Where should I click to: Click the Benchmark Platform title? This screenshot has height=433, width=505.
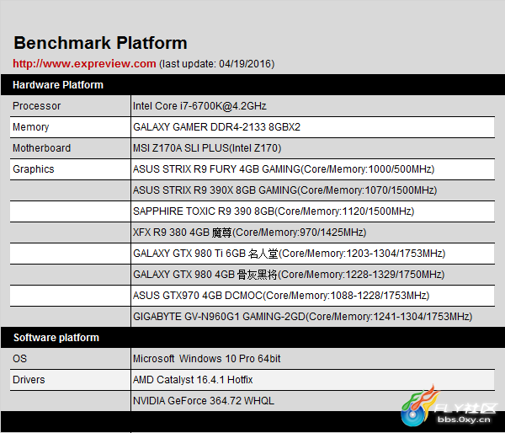tap(100, 43)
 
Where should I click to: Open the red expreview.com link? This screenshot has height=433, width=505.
tap(84, 63)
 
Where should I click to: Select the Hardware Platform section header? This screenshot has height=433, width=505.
tap(58, 85)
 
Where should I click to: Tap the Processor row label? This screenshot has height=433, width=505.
tap(36, 106)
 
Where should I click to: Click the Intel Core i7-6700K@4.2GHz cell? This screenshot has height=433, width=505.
tap(199, 106)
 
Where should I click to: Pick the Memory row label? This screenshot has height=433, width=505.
tap(30, 127)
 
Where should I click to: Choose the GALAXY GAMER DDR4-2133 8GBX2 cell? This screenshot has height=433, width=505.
tap(216, 127)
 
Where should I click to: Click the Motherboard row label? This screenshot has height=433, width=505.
tap(41, 148)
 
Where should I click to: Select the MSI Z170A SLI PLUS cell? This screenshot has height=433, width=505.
tap(207, 148)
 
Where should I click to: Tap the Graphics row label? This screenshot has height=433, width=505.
tap(33, 169)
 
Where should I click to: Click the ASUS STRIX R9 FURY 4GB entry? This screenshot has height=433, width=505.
tap(284, 169)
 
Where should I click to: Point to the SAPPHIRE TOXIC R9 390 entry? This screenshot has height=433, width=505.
tap(274, 211)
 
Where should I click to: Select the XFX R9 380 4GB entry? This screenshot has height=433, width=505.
tap(250, 233)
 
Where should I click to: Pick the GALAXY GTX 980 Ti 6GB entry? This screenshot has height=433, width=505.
tap(290, 254)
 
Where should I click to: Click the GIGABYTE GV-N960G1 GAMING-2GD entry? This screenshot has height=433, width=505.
tap(303, 317)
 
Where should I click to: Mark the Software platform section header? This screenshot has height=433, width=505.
tap(56, 338)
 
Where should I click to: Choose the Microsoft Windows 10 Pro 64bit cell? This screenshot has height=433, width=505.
tap(207, 359)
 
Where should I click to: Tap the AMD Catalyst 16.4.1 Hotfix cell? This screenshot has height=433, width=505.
tap(193, 380)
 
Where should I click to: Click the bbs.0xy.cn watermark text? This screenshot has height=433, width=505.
tap(464, 420)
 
